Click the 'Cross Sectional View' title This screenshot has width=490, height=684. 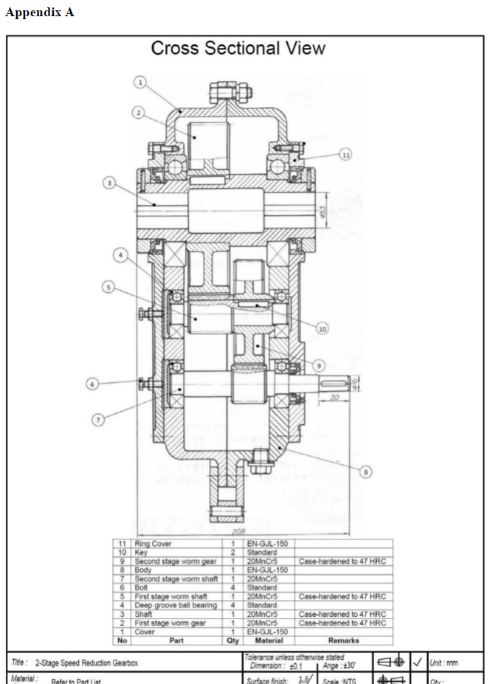click(x=238, y=49)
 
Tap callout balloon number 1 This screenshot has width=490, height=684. click(x=139, y=83)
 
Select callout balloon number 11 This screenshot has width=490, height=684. click(x=345, y=153)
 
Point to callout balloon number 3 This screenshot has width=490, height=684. click(x=108, y=182)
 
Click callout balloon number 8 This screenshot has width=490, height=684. click(x=365, y=471)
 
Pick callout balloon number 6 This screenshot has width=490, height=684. click(x=92, y=384)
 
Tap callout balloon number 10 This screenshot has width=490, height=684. click(x=322, y=328)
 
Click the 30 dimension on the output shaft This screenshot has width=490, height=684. click(x=334, y=398)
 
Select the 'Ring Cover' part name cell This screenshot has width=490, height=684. click(x=153, y=544)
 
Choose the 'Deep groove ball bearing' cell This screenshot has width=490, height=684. click(x=176, y=606)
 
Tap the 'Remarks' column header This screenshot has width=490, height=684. click(x=343, y=641)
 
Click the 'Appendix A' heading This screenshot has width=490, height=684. click(x=40, y=13)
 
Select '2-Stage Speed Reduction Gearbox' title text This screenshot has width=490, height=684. click(x=86, y=663)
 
